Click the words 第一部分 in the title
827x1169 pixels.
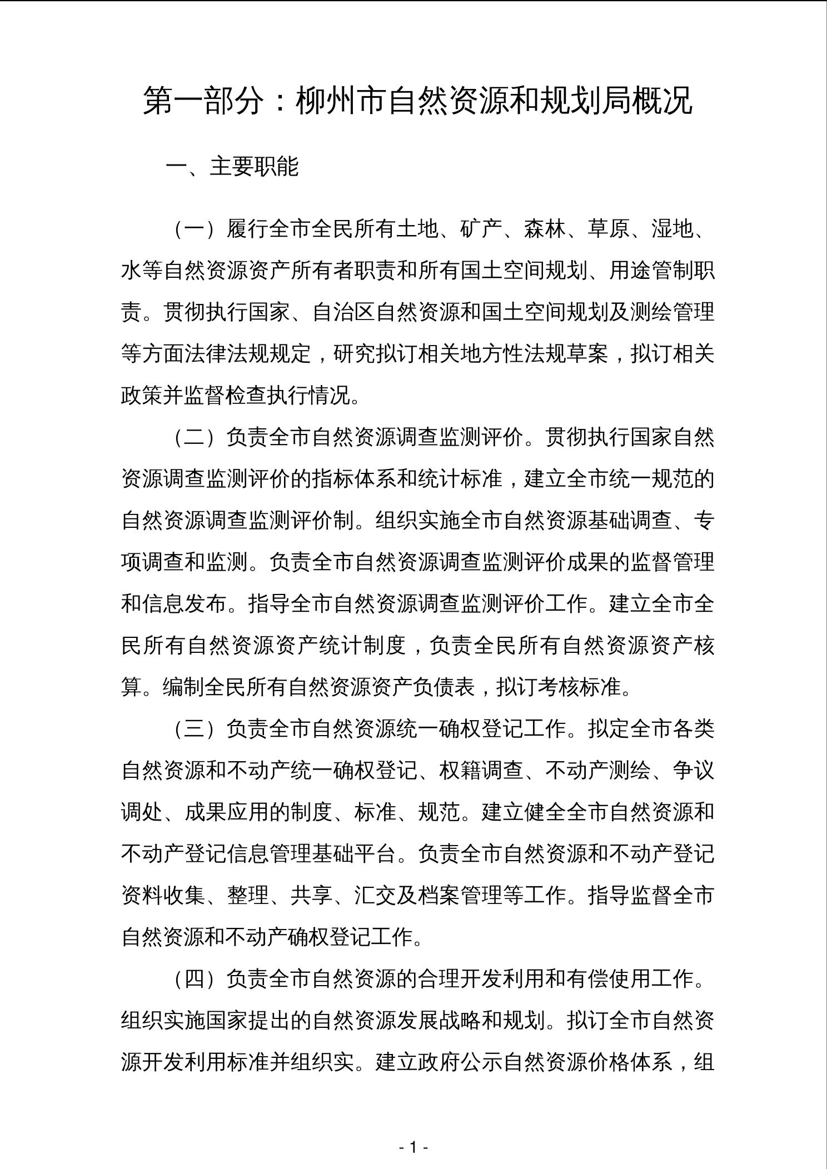pyautogui.click(x=203, y=101)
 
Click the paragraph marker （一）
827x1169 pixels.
pyautogui.click(x=195, y=229)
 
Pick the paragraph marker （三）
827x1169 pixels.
pyautogui.click(x=195, y=729)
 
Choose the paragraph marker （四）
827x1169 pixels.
pyautogui.click(x=195, y=979)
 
